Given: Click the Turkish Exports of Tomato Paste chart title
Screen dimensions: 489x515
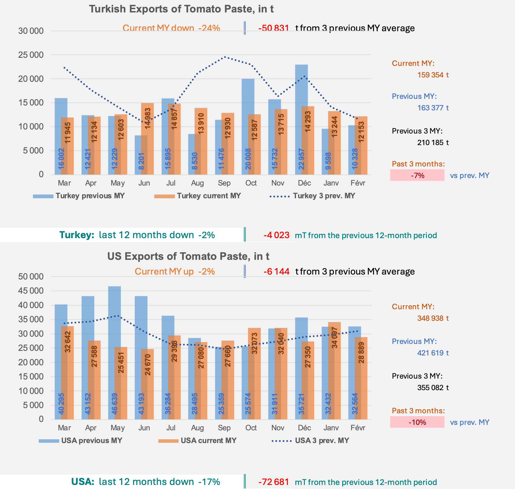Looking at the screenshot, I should click(x=181, y=9).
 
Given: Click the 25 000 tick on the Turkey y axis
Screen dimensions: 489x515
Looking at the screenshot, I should click(x=31, y=55).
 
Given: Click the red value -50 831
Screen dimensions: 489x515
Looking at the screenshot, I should click(x=273, y=28).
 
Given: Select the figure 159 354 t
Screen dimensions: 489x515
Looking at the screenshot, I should click(x=433, y=75).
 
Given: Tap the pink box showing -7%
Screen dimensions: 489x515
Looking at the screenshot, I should click(x=417, y=175).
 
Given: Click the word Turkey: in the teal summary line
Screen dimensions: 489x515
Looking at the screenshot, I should click(x=77, y=235).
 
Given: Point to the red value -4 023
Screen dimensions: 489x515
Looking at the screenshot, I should click(x=276, y=235).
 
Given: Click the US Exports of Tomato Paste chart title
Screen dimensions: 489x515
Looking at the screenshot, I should click(x=188, y=256).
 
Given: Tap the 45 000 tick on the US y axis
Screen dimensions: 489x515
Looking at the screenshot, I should click(x=31, y=291).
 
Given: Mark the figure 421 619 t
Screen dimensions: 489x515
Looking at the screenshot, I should click(x=433, y=353).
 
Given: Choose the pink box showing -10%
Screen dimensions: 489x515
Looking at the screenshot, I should click(x=417, y=422).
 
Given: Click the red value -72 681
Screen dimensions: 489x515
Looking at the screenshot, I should click(x=273, y=482).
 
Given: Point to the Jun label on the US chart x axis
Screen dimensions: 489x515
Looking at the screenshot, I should click(x=144, y=428).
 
